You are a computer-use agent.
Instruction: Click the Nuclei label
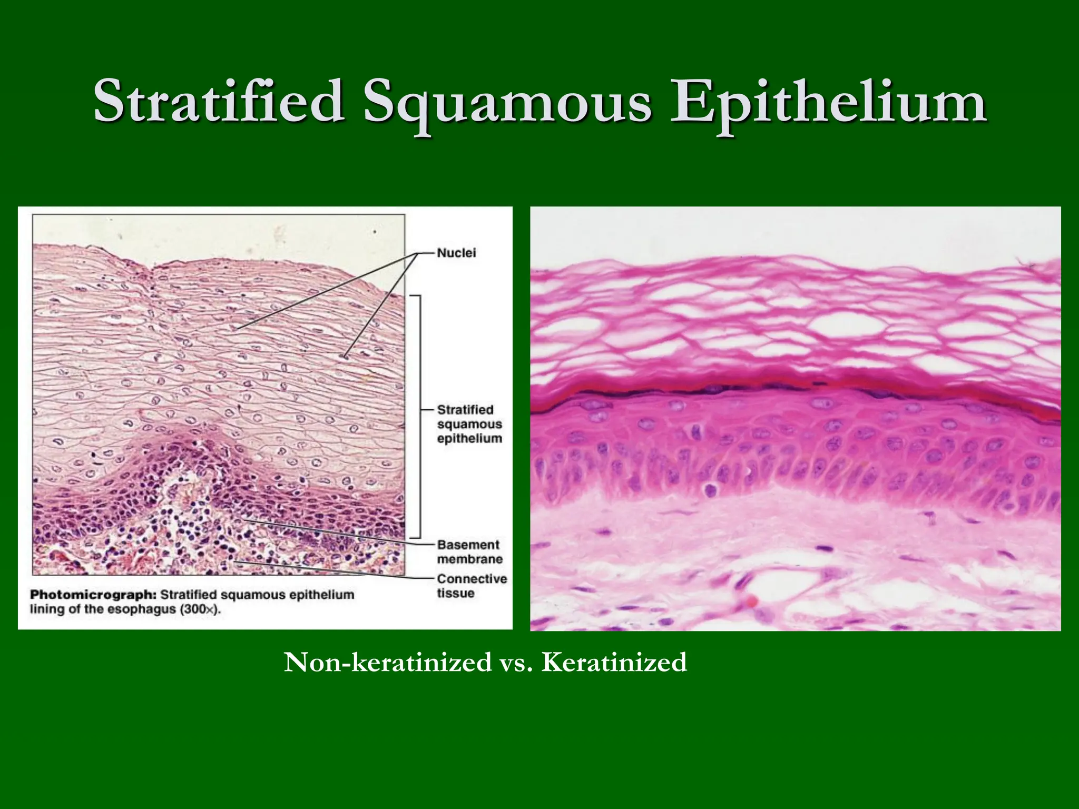coord(456,253)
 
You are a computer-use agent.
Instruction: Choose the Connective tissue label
coord(472,586)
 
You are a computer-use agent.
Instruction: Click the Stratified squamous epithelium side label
coord(469,424)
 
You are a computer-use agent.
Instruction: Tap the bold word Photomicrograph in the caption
coord(93,595)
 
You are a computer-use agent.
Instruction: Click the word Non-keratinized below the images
coord(388,663)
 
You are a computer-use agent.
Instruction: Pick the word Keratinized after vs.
coord(614,663)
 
